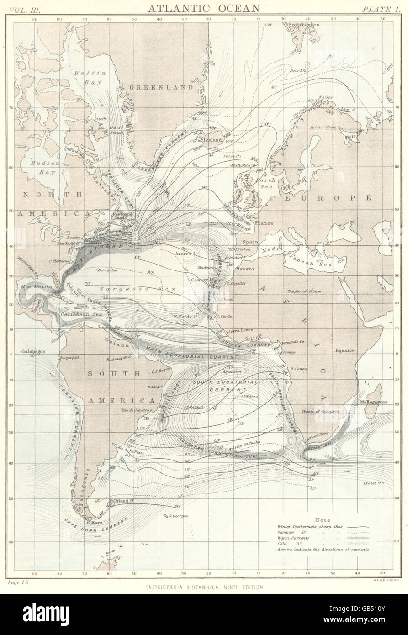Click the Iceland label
pyautogui.click(x=212, y=140)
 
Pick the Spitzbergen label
pyautogui.click(x=305, y=23)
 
